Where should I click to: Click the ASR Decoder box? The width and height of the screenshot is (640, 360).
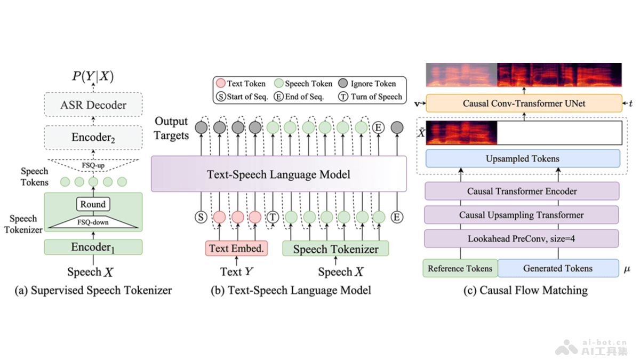pyautogui.click(x=93, y=105)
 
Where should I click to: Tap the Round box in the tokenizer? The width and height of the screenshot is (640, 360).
pyautogui.click(x=93, y=204)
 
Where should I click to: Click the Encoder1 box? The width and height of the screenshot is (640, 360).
pyautogui.click(x=93, y=247)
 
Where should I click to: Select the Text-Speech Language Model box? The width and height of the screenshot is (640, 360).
pyautogui.click(x=278, y=174)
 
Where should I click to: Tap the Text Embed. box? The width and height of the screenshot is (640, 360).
pyautogui.click(x=236, y=248)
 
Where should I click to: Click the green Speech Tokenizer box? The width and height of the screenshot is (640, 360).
pyautogui.click(x=335, y=249)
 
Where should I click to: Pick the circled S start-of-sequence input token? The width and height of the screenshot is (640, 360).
pyautogui.click(x=201, y=217)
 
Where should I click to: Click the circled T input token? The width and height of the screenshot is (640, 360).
pyautogui.click(x=273, y=217)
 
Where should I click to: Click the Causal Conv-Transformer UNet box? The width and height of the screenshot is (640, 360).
pyautogui.click(x=524, y=103)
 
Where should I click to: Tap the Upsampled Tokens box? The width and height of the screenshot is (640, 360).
pyautogui.click(x=523, y=159)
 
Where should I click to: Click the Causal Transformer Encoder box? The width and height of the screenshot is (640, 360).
pyautogui.click(x=522, y=191)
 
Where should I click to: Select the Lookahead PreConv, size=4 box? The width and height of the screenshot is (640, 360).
pyautogui.click(x=522, y=238)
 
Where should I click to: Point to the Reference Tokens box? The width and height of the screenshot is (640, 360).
pyautogui.click(x=460, y=268)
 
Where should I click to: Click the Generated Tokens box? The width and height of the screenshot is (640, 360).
pyautogui.click(x=558, y=268)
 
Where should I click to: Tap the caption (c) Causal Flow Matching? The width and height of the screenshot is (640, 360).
pyautogui.click(x=526, y=291)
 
